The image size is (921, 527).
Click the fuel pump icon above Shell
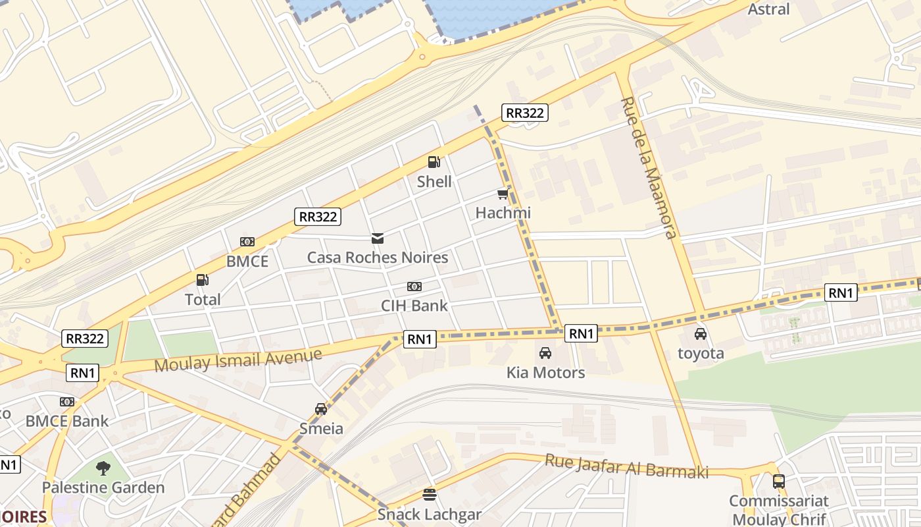(434, 161)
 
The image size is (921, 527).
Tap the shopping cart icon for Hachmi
(503, 194)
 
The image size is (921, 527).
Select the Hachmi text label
(503, 213)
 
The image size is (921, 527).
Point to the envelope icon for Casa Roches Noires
(378, 238)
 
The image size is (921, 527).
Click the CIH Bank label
(414, 306)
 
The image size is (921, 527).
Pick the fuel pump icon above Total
(203, 280)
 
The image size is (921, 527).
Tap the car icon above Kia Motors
(545, 353)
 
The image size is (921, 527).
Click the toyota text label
(701, 353)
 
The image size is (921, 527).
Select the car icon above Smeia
(321, 409)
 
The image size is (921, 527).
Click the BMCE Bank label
(67, 421)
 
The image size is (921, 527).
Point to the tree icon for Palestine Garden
(103, 468)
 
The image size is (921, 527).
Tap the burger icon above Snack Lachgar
(430, 494)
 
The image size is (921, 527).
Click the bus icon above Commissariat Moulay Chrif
(779, 482)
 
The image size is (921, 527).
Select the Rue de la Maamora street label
(649, 168)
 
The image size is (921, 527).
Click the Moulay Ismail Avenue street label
(238, 360)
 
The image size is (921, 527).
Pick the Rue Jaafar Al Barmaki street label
(626, 466)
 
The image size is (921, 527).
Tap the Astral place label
(769, 9)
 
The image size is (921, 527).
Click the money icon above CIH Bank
(414, 287)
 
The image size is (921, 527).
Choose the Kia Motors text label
(545, 372)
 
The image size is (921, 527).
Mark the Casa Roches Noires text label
(378, 257)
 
